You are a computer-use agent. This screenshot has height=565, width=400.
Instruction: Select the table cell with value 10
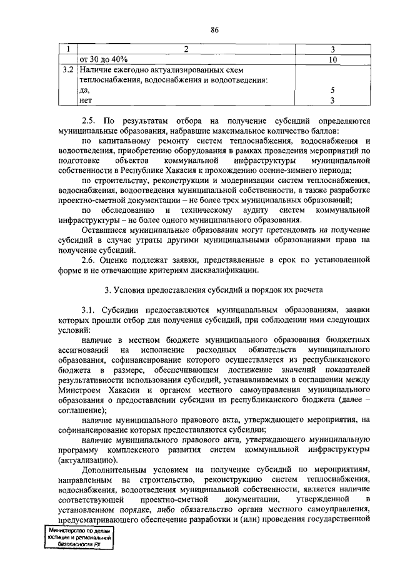(x=333, y=59)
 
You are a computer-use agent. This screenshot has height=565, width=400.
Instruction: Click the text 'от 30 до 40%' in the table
(x=103, y=59)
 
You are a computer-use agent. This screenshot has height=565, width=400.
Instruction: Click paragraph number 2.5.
(x=90, y=120)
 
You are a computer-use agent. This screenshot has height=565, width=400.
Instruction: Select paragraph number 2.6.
(x=90, y=260)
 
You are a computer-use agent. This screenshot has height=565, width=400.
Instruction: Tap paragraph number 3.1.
(x=90, y=310)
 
